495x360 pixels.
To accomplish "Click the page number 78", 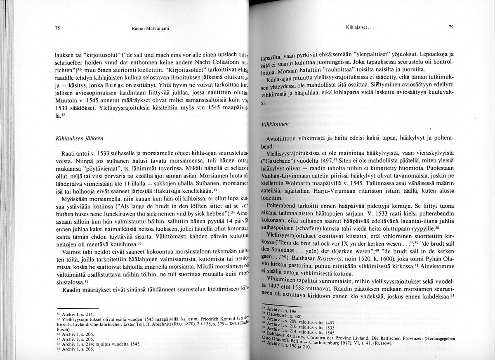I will [57, 28].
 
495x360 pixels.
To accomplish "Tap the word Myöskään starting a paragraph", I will [72, 199].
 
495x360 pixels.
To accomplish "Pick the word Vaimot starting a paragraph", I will [70, 252].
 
